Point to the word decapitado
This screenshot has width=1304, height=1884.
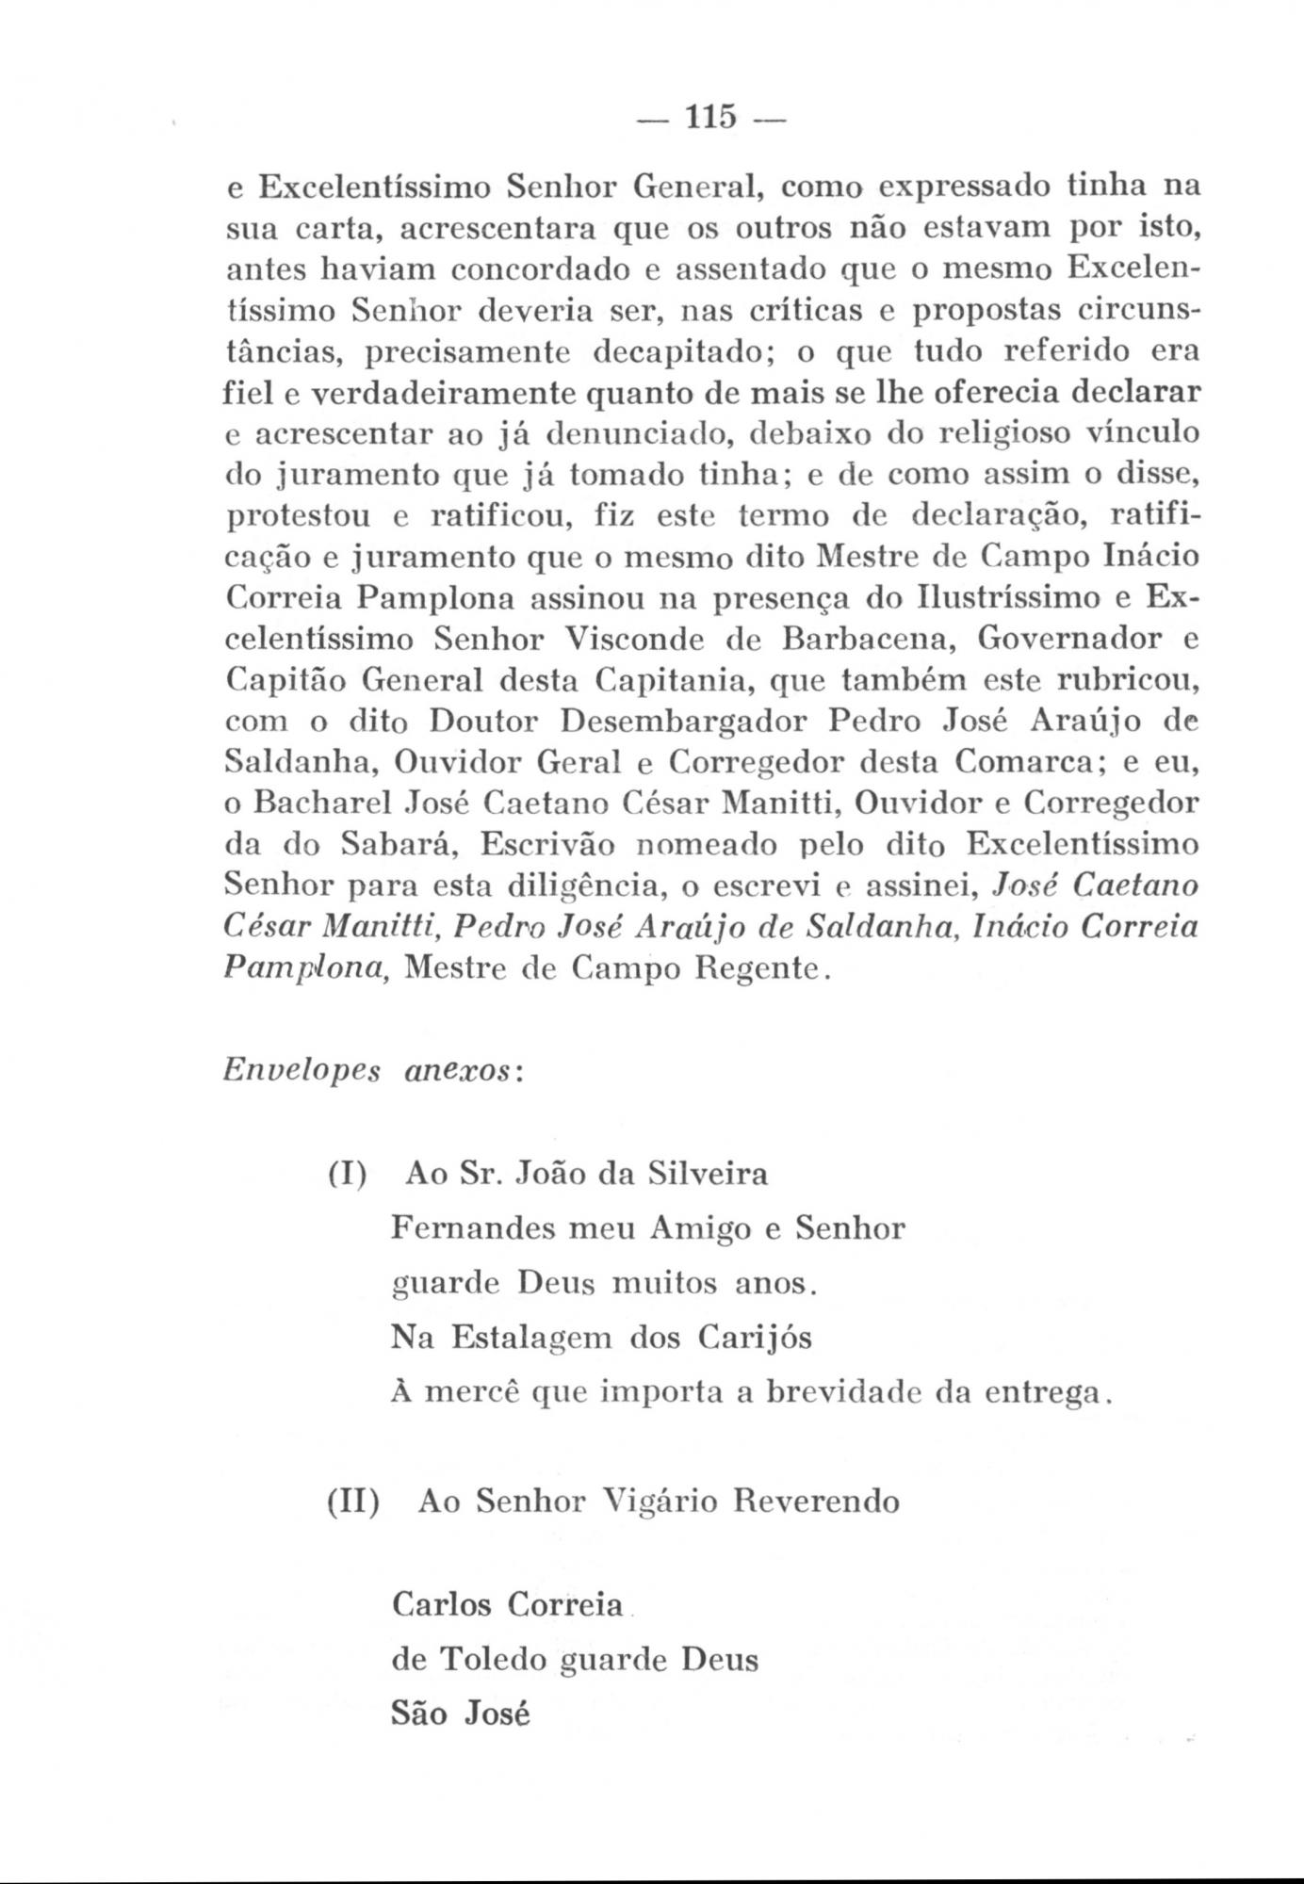(x=669, y=352)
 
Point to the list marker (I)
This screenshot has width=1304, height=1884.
(x=348, y=1175)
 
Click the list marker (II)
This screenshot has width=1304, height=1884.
(x=353, y=1501)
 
